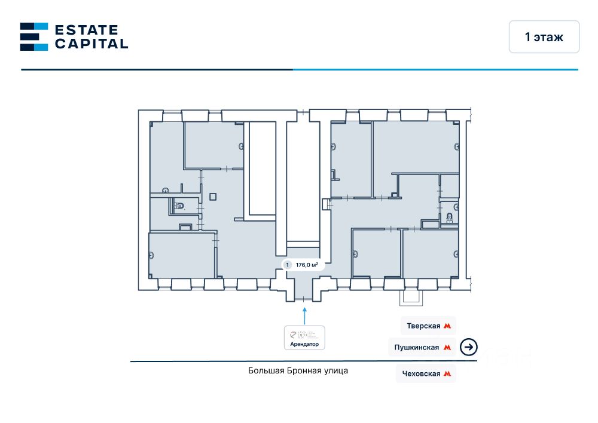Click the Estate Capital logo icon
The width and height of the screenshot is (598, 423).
tap(34, 36)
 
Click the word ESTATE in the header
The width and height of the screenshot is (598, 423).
tap(87, 29)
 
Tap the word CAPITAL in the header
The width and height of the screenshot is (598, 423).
tap(91, 44)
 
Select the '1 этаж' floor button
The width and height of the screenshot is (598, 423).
tap(544, 37)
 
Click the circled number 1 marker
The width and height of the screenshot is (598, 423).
tap(288, 265)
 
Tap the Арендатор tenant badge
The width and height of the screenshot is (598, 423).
tap(304, 338)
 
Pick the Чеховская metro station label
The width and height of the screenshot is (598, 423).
tap(423, 373)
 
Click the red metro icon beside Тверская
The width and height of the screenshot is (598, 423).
tap(447, 326)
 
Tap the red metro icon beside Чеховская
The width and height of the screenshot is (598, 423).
tap(447, 373)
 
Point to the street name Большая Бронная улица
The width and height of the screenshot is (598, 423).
tap(298, 370)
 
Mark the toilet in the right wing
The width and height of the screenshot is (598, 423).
tap(450, 217)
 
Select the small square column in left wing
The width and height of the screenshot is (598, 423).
tap(213, 195)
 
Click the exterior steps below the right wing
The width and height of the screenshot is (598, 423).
tap(411, 295)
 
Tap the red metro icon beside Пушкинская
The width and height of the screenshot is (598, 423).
tap(447, 347)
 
